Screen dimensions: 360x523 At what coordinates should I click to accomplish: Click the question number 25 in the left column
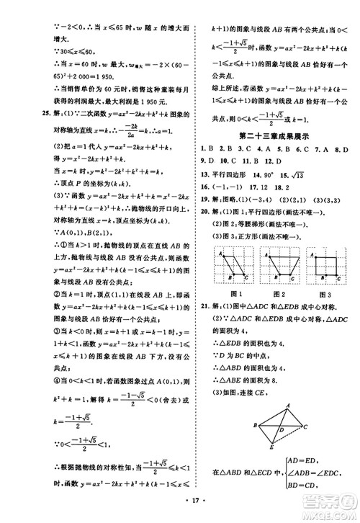(26, 113)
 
